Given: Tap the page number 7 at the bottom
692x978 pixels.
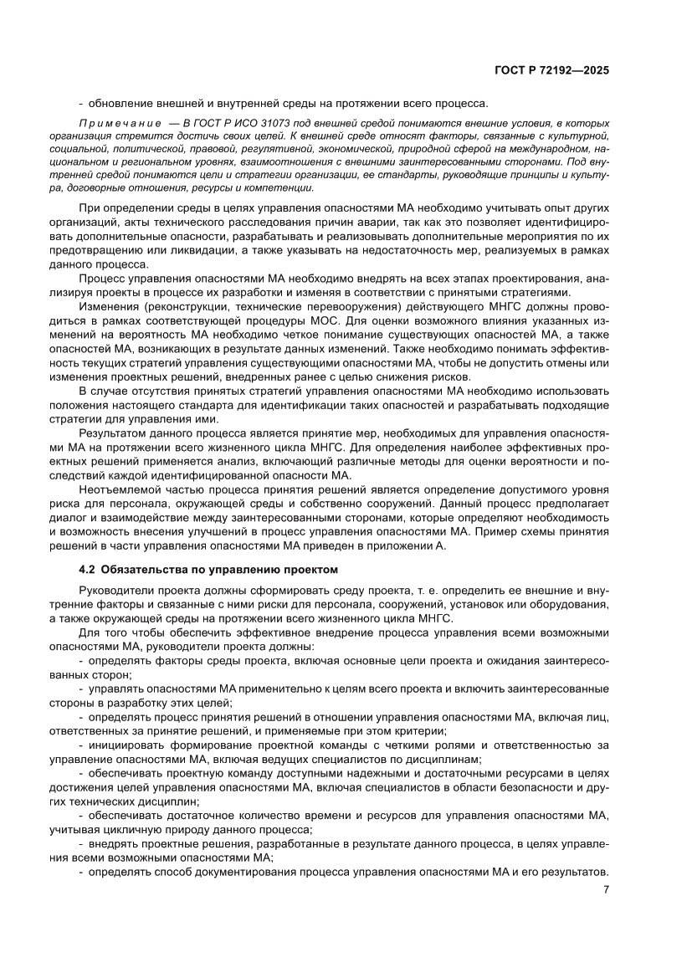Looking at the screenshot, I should click(x=605, y=889).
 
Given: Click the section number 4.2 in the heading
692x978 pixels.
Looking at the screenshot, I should click(x=86, y=570).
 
